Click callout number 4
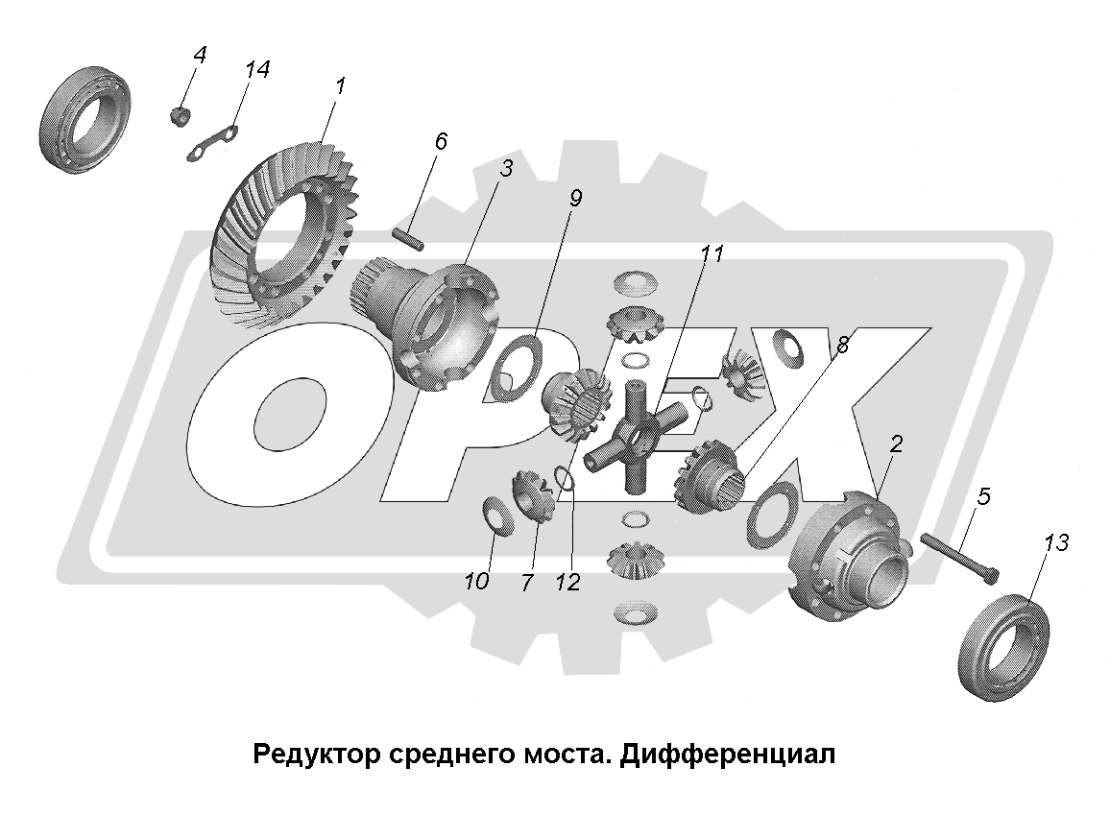coord(200,55)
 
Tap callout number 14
coord(256,69)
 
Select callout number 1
coord(340,86)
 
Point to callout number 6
coord(441,141)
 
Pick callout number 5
coord(983,496)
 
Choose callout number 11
coord(712,253)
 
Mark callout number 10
coord(476,582)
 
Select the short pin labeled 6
coord(408,238)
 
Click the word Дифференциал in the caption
coord(728,755)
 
